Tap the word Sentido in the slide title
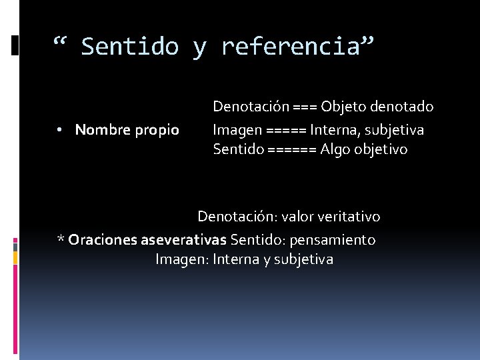[130, 47]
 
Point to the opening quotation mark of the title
[61, 44]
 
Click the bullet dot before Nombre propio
[60, 130]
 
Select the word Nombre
[101, 129]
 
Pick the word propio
[157, 130]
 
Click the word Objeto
[344, 107]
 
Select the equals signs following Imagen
[286, 129]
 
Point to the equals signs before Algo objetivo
[291, 150]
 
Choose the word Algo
[334, 150]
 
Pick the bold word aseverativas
[183, 239]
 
